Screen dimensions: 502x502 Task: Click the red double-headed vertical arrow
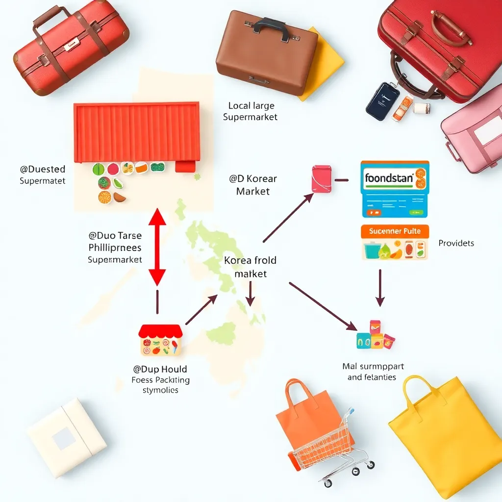point(157,247)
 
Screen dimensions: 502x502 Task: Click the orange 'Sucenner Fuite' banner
point(395,231)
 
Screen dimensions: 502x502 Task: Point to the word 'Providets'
point(456,243)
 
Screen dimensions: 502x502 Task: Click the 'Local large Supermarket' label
point(251,111)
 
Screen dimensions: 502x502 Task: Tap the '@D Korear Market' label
point(253,185)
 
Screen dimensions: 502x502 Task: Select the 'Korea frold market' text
point(251,267)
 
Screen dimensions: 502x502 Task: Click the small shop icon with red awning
point(161,340)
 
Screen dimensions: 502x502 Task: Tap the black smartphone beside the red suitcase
point(382,101)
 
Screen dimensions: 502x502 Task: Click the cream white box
point(66,437)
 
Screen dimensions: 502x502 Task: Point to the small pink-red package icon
point(322,178)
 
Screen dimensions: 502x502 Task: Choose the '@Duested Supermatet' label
point(43,175)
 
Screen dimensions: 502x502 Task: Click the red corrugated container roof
point(137,132)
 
